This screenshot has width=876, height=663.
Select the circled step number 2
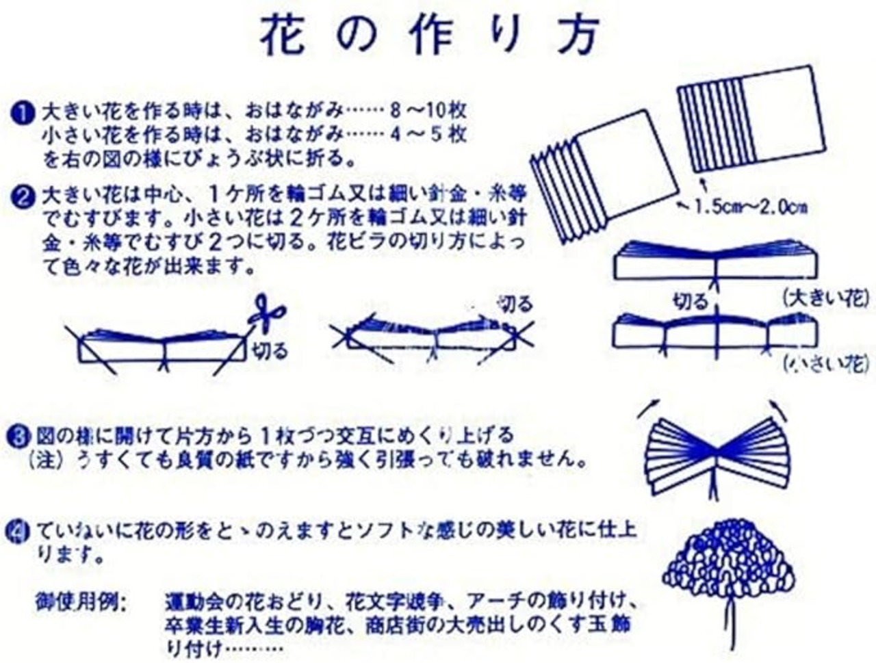click(x=25, y=198)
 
